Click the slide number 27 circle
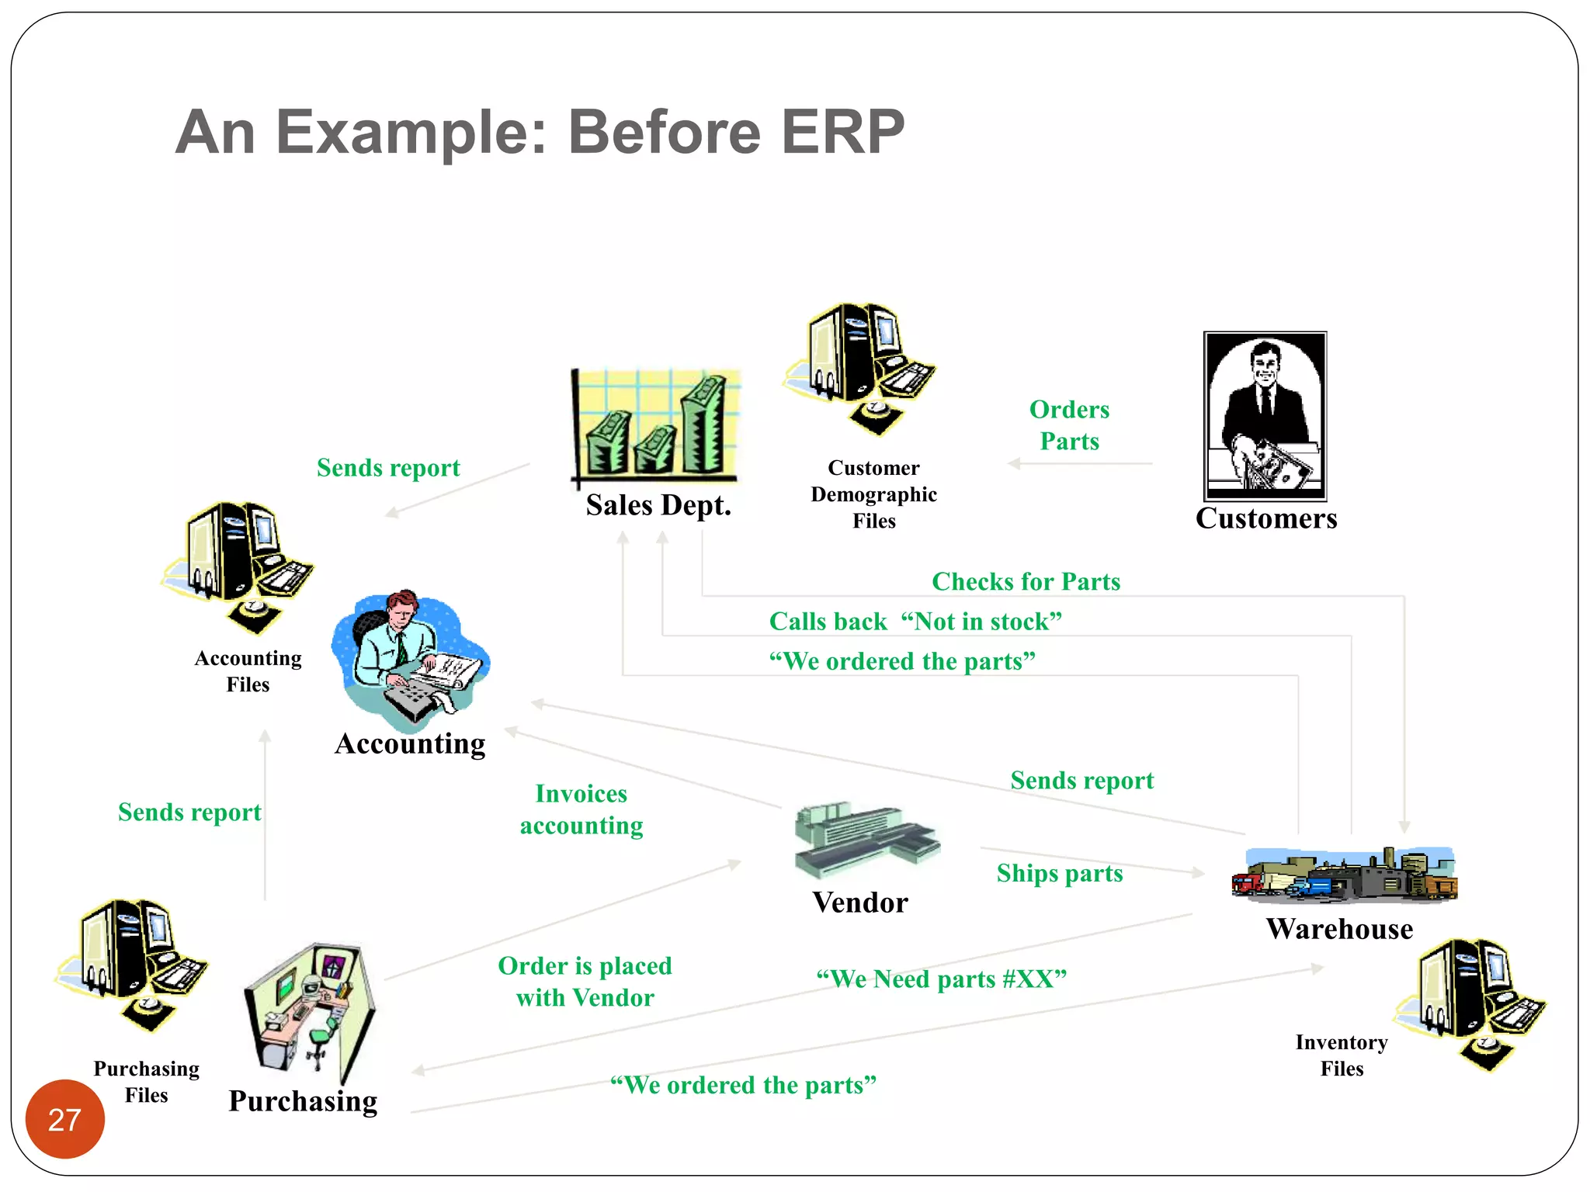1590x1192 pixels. [x=64, y=1118]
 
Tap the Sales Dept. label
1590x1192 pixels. [x=658, y=505]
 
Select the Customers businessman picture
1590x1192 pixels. [x=1265, y=416]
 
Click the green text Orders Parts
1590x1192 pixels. [x=1069, y=425]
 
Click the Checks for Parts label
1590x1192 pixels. [x=1026, y=581]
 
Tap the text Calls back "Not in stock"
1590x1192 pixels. [x=915, y=622]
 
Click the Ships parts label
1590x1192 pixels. [x=1059, y=873]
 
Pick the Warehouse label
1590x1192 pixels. [x=1339, y=929]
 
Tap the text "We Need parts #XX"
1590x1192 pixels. [x=941, y=979]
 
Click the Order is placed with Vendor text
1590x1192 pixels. [x=585, y=982]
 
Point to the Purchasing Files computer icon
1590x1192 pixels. [x=133, y=963]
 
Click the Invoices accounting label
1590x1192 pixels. [x=581, y=809]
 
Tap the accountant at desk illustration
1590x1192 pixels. [x=409, y=660]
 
